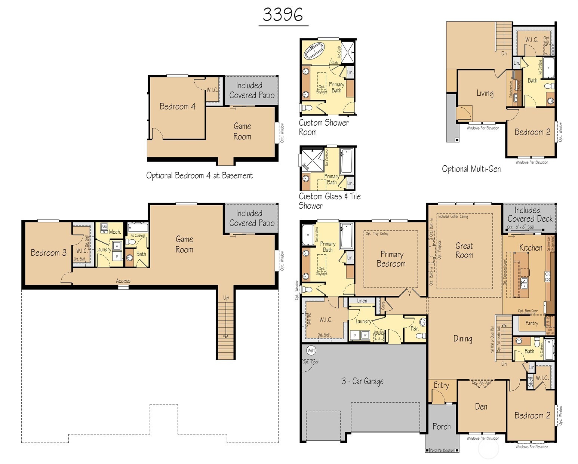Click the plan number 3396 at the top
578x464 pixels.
click(x=283, y=15)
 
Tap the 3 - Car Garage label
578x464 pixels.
click(x=363, y=381)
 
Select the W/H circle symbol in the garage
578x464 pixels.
click(x=311, y=350)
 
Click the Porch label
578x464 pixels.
click(x=442, y=427)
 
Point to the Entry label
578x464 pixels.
click(x=441, y=385)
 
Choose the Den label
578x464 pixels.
click(x=481, y=407)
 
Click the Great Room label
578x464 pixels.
click(x=464, y=251)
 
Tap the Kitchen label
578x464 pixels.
click(x=531, y=248)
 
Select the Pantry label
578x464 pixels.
click(x=532, y=323)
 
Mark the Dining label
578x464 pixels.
click(x=463, y=339)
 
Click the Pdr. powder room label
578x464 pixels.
click(x=415, y=329)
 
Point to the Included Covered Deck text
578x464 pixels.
click(x=530, y=215)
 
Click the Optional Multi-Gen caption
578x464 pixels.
click(x=471, y=169)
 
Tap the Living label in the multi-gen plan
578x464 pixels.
click(x=485, y=93)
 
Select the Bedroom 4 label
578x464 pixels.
click(x=177, y=107)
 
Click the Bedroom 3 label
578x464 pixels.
click(x=49, y=253)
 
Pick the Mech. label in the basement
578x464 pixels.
click(x=115, y=232)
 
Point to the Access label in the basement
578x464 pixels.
click(x=123, y=281)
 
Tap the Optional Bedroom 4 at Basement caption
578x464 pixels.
click(x=199, y=176)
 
